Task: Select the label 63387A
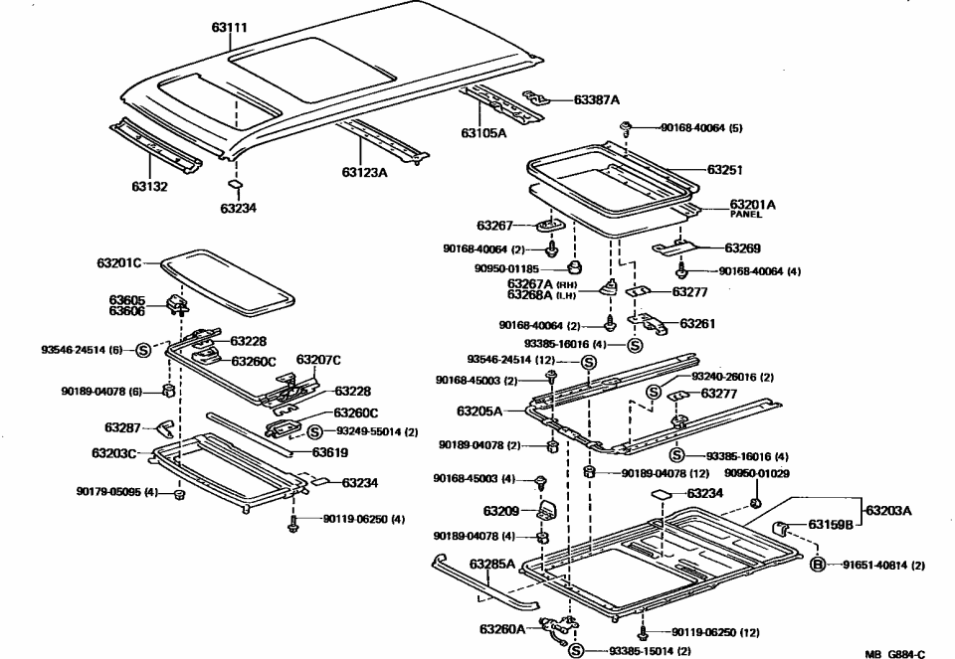pyautogui.click(x=596, y=99)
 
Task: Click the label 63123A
pyautogui.click(x=364, y=172)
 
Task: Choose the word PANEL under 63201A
pyautogui.click(x=745, y=214)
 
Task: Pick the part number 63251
pyautogui.click(x=725, y=170)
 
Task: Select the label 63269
pyautogui.click(x=742, y=248)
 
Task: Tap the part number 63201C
pyautogui.click(x=119, y=263)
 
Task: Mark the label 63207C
pyautogui.click(x=318, y=360)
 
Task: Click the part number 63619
pyautogui.click(x=330, y=452)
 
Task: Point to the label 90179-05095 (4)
pyautogui.click(x=116, y=491)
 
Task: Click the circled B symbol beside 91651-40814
pyautogui.click(x=817, y=565)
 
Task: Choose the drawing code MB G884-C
pyautogui.click(x=893, y=653)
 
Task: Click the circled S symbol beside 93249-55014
pyautogui.click(x=314, y=431)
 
